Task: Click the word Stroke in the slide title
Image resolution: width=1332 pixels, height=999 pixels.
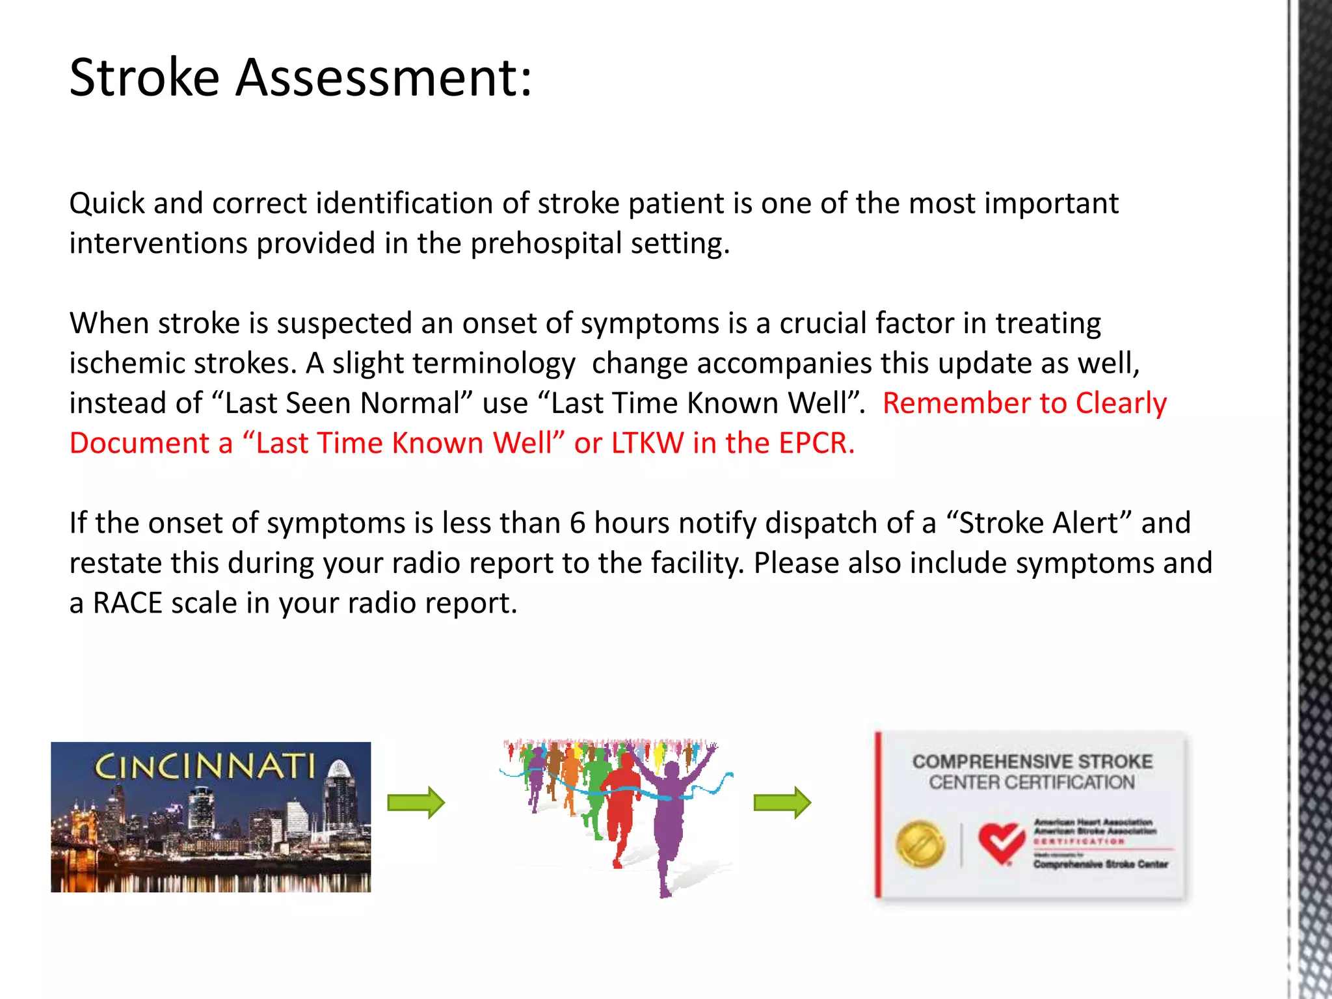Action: click(x=144, y=78)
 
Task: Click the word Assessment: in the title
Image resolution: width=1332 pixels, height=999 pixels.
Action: click(x=384, y=78)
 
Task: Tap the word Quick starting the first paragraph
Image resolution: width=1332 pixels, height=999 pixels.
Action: click(x=107, y=204)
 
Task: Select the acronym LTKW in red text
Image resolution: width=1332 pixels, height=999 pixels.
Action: click(x=648, y=444)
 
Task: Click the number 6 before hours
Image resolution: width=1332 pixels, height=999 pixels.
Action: click(x=578, y=524)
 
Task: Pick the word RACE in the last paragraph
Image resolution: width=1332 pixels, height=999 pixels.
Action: click(x=127, y=604)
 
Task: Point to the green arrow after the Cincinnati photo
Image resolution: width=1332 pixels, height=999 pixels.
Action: click(x=416, y=803)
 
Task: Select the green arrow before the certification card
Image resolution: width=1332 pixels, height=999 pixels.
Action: click(x=782, y=803)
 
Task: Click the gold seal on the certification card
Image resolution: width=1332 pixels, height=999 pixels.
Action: click(x=920, y=844)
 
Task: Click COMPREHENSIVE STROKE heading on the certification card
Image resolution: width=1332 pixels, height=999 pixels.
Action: click(x=1032, y=762)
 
